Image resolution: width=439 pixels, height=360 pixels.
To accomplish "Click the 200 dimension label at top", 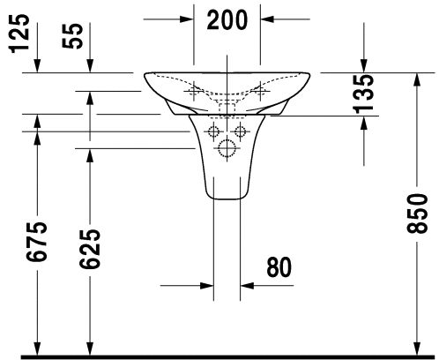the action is click(x=227, y=20).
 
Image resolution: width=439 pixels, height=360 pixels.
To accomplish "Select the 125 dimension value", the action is click(x=20, y=34).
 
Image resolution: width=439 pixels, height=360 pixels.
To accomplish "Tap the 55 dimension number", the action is click(x=72, y=36).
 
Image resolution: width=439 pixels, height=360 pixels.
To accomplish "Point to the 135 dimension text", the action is click(x=363, y=94).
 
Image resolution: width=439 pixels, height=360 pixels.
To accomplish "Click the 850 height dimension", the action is click(x=417, y=214).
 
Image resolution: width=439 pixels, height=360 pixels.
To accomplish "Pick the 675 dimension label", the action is click(x=36, y=242).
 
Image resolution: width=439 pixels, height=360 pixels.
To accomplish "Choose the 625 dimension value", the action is click(x=90, y=249).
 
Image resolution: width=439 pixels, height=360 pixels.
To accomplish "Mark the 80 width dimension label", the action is click(x=279, y=267).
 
